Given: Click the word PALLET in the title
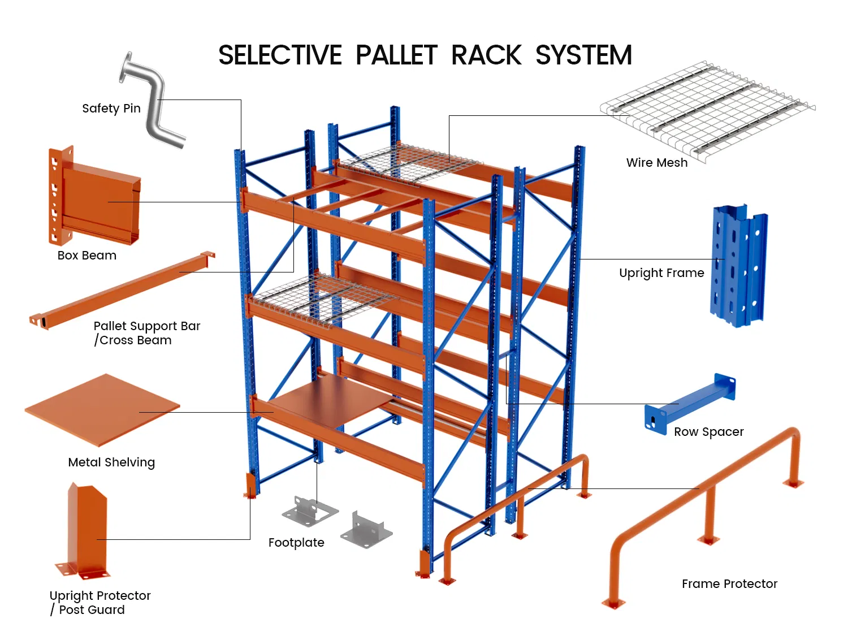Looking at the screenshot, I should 396,55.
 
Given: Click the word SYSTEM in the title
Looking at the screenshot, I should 583,55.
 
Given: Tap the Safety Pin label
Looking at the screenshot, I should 111,108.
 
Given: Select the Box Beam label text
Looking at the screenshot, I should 87,256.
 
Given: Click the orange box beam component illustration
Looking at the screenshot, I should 96,198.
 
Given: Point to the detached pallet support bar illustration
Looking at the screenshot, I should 122,290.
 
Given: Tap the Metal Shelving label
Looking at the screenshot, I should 111,462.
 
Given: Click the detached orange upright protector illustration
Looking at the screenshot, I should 85,531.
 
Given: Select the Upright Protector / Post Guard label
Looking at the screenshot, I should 99,603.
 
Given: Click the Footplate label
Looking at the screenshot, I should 296,543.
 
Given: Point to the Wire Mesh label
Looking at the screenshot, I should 657,163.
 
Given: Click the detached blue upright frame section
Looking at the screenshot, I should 738,266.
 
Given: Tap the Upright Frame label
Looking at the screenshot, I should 661,273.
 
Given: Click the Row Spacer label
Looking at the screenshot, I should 709,432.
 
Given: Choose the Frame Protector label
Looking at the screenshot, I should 729,584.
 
